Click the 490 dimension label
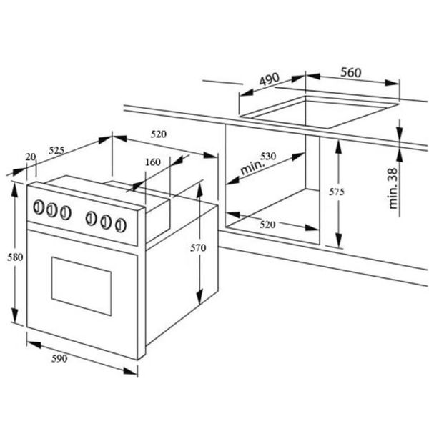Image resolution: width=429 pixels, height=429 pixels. tap(270, 79)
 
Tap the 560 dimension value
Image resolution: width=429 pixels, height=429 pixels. tap(351, 72)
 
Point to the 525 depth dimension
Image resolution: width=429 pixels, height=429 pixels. tap(56, 150)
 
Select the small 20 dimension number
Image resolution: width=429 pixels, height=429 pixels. tap(31, 157)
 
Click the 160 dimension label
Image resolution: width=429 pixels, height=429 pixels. tap(153, 162)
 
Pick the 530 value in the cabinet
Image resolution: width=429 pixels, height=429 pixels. tap(268, 156)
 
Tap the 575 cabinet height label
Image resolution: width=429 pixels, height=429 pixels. tap(337, 192)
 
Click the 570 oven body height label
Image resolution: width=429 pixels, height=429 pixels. tap(198, 248)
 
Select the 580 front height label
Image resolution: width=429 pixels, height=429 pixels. tap(15, 257)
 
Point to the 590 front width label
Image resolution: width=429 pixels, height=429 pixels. tap(59, 358)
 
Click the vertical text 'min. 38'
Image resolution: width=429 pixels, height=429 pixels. tap(393, 189)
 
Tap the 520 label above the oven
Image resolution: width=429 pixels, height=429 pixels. tap(159, 134)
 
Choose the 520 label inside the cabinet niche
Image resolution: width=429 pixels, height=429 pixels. tap(267, 225)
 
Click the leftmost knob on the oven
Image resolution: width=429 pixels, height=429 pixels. tap(39, 207)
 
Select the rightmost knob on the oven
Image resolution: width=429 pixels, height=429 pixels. tap(120, 225)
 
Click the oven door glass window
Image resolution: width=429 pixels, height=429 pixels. tap(82, 286)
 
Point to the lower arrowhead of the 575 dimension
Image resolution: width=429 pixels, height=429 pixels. tap(339, 240)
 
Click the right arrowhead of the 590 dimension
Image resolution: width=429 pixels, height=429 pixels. tap(130, 371)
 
